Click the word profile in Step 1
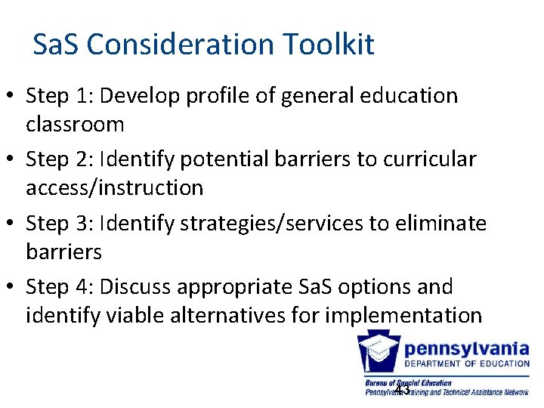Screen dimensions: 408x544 [x=217, y=96]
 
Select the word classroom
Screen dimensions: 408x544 [x=75, y=123]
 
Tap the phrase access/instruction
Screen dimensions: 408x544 [x=114, y=187]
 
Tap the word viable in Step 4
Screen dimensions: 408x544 [x=126, y=314]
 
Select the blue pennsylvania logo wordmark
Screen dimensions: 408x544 [x=466, y=348]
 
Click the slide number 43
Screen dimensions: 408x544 [x=402, y=390]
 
